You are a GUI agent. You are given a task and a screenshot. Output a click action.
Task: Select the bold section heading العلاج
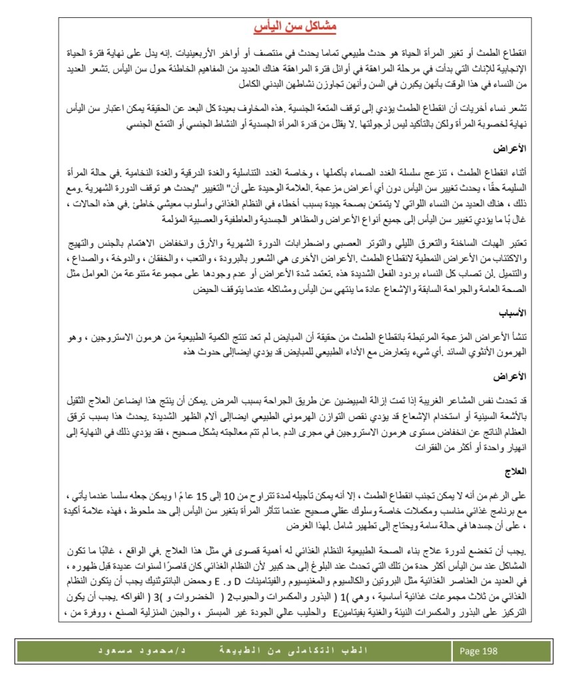[515, 471]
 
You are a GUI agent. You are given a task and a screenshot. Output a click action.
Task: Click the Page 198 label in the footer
[478, 650]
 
